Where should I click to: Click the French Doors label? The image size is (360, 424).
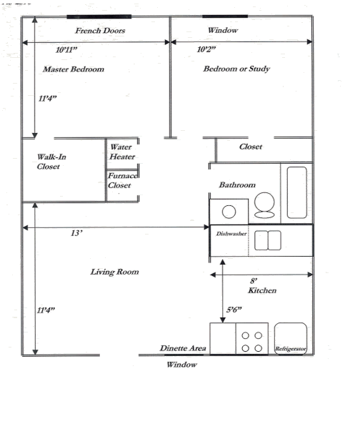tap(100, 31)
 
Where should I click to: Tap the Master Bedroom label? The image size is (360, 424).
tap(74, 69)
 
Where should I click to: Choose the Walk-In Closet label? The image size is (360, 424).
tap(49, 162)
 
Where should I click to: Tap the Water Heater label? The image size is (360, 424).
tap(122, 152)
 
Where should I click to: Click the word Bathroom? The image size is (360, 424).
tap(237, 185)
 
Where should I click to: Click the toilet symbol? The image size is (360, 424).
tap(264, 205)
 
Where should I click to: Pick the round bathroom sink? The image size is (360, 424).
tap(230, 212)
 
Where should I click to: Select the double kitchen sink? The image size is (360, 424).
tap(268, 241)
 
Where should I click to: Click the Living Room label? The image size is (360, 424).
tap(114, 272)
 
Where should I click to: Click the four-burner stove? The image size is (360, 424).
tap(251, 341)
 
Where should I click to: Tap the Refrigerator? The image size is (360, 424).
tap(291, 339)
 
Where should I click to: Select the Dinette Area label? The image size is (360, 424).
tap(183, 348)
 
